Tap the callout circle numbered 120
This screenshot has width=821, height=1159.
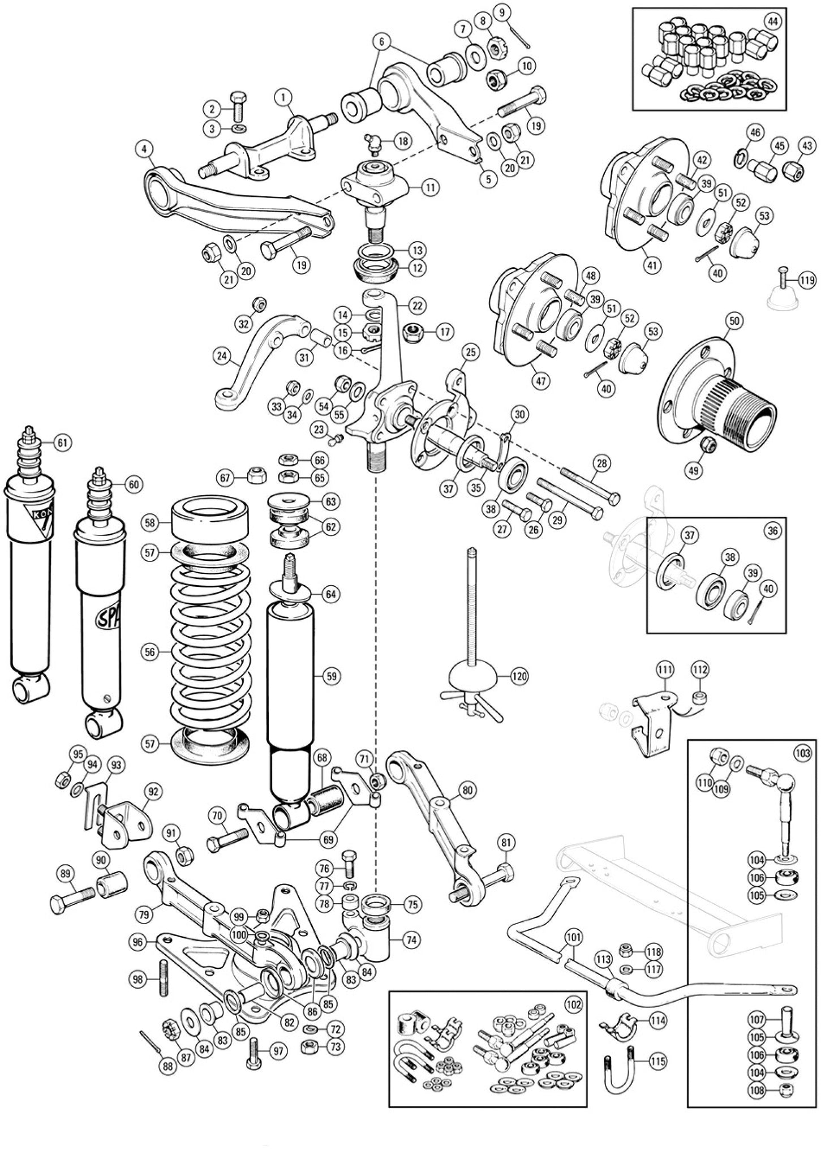[x=519, y=676]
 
